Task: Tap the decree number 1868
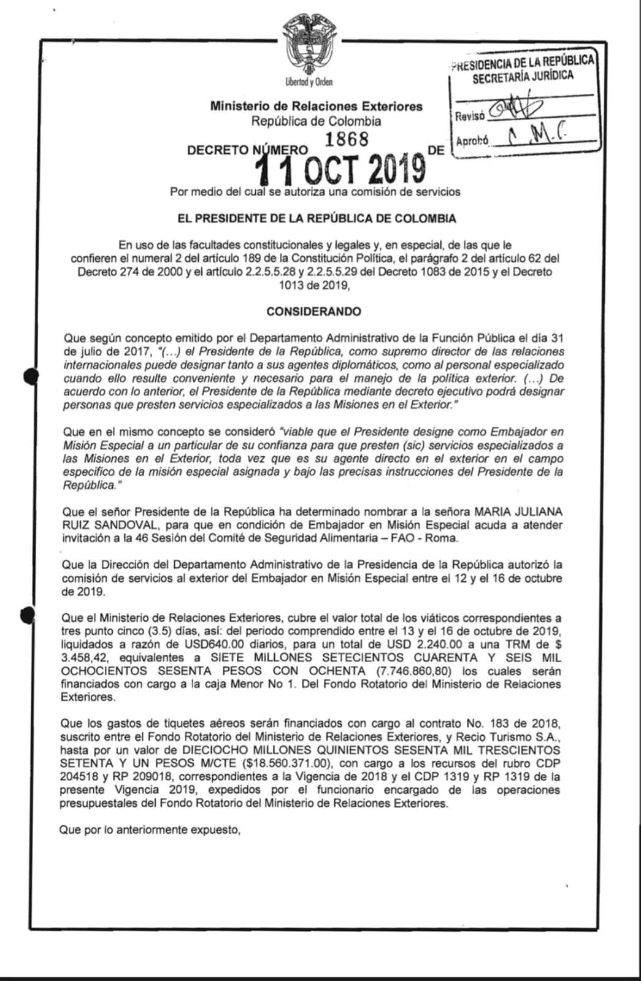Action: click(x=347, y=139)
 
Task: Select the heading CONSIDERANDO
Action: click(x=313, y=311)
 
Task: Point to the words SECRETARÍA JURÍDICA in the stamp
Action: click(x=523, y=77)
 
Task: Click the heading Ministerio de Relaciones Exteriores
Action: click(x=316, y=106)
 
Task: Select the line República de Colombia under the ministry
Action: click(x=316, y=121)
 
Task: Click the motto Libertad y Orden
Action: click(x=309, y=82)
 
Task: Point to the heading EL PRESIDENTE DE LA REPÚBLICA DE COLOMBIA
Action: click(x=317, y=218)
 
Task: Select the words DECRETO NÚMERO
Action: click(x=247, y=150)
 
